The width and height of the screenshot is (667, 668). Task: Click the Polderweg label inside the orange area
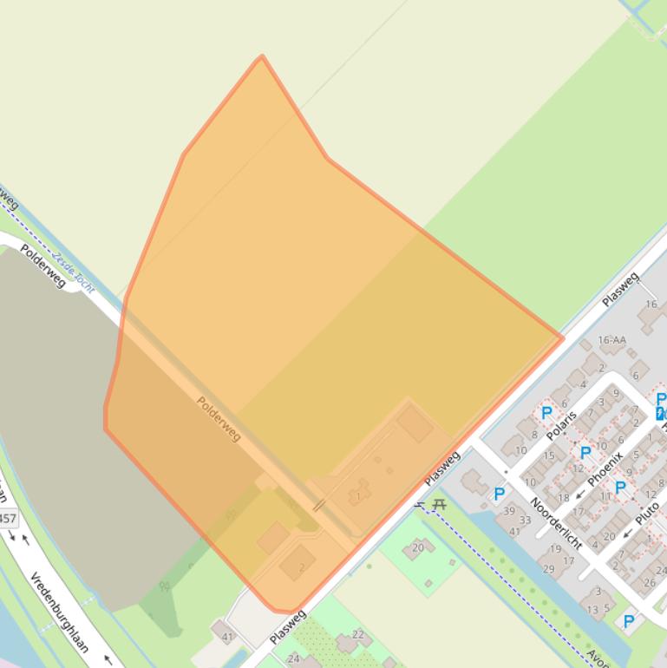pyautogui.click(x=219, y=418)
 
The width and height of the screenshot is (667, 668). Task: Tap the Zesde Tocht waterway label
pyautogui.click(x=73, y=272)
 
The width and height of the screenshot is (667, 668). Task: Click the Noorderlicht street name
pyautogui.click(x=556, y=523)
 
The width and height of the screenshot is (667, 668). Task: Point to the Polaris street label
pyautogui.click(x=562, y=425)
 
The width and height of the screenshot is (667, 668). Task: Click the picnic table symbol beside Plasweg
pyautogui.click(x=439, y=504)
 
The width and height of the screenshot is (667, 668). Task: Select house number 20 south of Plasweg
pyautogui.click(x=418, y=547)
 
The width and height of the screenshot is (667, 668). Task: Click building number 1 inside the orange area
pyautogui.click(x=357, y=495)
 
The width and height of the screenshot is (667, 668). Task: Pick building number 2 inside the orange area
pyautogui.click(x=301, y=567)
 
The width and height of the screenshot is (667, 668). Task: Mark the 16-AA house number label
pyautogui.click(x=611, y=340)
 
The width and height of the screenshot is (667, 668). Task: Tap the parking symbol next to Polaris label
pyautogui.click(x=546, y=413)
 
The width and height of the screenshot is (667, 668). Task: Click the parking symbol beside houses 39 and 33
pyautogui.click(x=499, y=494)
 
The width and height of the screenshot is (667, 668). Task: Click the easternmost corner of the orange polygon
pyautogui.click(x=563, y=337)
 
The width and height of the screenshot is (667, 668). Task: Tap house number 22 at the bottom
pyautogui.click(x=358, y=635)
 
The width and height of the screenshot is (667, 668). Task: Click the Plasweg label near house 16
pyautogui.click(x=620, y=289)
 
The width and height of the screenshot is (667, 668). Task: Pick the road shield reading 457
pyautogui.click(x=7, y=519)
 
